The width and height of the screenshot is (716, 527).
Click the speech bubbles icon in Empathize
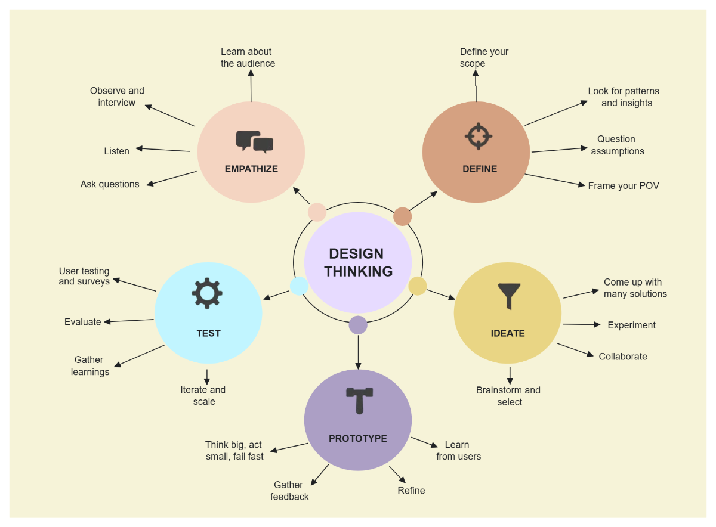click(254, 142)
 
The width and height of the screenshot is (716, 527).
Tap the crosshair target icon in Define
click(478, 136)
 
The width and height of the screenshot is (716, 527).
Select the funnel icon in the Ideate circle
click(509, 296)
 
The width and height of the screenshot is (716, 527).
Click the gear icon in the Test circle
click(207, 293)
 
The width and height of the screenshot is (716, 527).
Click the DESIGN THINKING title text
click(358, 262)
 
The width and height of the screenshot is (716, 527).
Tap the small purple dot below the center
click(358, 325)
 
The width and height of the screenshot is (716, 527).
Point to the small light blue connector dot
click(299, 286)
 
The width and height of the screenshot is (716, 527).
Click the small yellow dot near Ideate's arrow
click(418, 286)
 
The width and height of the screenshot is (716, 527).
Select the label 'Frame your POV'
click(624, 186)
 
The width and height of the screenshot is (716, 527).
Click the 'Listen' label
click(117, 151)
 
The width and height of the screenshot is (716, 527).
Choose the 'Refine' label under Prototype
click(412, 491)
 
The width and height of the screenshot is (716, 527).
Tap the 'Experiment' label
click(631, 325)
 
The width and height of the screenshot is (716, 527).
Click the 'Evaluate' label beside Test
click(83, 322)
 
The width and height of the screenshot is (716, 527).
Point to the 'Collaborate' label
click(623, 356)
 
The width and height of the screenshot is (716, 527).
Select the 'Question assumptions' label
click(617, 145)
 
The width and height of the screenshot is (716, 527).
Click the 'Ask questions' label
click(110, 184)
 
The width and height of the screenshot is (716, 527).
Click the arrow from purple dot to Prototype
click(358, 352)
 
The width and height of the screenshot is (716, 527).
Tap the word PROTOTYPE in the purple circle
click(358, 439)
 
